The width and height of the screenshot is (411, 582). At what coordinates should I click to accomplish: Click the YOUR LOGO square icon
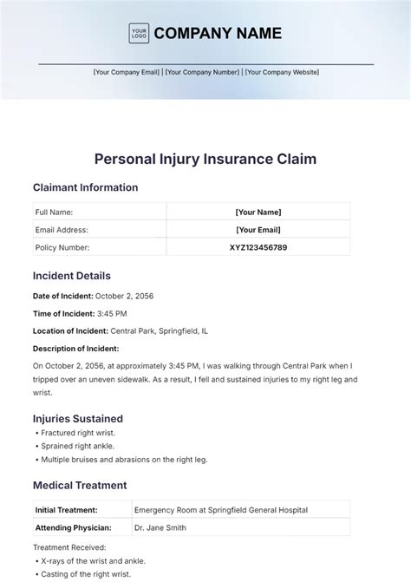pyautogui.click(x=139, y=34)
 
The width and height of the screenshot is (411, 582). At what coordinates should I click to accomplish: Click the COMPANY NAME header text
pyautogui.click(x=218, y=34)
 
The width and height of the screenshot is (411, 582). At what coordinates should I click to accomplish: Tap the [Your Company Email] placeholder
pyautogui.click(x=127, y=72)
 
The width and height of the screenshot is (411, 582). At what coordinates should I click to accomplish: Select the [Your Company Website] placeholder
pyautogui.click(x=282, y=72)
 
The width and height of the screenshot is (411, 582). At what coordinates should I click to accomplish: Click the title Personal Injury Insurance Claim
pyautogui.click(x=205, y=160)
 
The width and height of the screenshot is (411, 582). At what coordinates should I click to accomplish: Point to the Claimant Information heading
pyautogui.click(x=85, y=187)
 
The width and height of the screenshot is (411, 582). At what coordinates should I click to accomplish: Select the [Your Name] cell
pyautogui.click(x=258, y=212)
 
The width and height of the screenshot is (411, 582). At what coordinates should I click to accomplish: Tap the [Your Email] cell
pyautogui.click(x=258, y=230)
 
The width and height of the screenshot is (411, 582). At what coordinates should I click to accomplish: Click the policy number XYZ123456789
pyautogui.click(x=258, y=247)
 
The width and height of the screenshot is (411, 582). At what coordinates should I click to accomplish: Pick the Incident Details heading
pyautogui.click(x=72, y=276)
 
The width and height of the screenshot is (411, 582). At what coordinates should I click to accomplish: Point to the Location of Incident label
pyautogui.click(x=70, y=330)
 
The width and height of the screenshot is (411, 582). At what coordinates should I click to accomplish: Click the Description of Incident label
pyautogui.click(x=75, y=349)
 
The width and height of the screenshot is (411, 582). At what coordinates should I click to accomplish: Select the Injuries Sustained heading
pyautogui.click(x=78, y=418)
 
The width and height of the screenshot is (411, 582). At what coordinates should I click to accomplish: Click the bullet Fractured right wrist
pyautogui.click(x=77, y=432)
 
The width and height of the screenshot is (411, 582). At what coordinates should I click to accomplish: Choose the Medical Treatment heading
pyautogui.click(x=80, y=486)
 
